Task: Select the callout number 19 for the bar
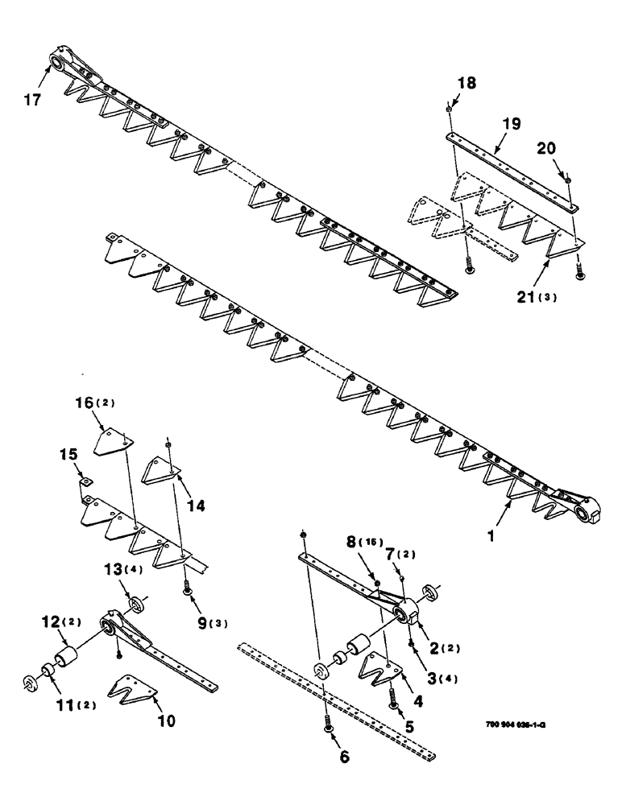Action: tap(511, 124)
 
